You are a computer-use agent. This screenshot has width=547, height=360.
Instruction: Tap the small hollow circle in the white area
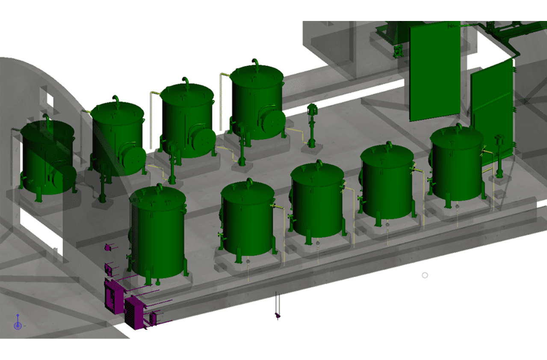point(425,275)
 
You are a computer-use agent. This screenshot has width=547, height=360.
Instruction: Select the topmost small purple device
point(108,247)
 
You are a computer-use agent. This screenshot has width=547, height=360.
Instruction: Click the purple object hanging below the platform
point(278,315)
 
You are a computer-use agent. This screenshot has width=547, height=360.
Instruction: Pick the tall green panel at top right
point(434,71)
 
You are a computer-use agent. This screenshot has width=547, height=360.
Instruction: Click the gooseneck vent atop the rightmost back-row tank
point(256,63)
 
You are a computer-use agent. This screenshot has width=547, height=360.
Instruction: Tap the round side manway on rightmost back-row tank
point(274,122)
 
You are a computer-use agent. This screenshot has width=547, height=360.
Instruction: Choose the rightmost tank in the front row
point(457,165)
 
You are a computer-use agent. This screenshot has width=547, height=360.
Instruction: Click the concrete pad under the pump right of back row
point(312,149)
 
